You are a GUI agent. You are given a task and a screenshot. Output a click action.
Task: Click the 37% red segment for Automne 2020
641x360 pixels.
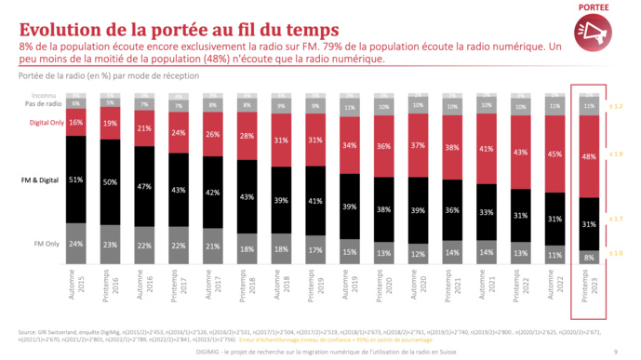[418, 145]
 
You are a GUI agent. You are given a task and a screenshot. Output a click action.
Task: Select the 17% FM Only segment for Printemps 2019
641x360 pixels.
[315, 250]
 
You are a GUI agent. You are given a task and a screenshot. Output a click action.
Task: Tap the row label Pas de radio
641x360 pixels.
[42, 103]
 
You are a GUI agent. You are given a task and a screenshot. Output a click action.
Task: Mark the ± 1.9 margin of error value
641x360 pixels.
[619, 153]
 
